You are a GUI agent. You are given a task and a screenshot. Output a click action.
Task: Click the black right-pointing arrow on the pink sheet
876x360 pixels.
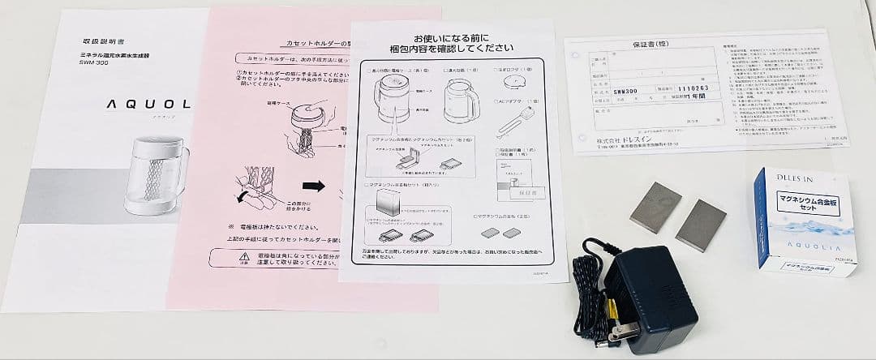pos(313,186)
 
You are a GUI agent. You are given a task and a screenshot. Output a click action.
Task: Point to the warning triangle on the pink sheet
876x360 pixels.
pos(220,258)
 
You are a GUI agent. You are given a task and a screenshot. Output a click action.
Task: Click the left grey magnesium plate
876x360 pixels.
pos(655,207)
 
